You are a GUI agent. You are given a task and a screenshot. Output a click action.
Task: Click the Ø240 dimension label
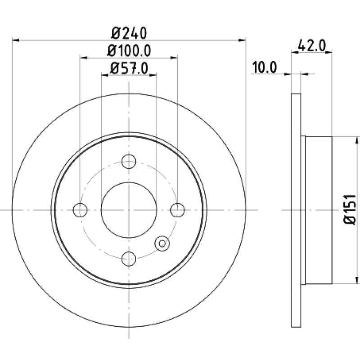(x=129, y=33)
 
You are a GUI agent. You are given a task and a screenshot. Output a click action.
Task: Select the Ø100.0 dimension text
(x=129, y=51)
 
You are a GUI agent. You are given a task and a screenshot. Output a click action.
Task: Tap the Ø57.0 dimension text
(x=129, y=68)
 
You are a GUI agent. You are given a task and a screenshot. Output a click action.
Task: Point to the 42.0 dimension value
(x=311, y=46)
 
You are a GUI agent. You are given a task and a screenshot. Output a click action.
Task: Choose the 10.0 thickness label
(x=265, y=67)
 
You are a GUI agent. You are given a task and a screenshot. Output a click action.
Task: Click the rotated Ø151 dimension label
(x=350, y=209)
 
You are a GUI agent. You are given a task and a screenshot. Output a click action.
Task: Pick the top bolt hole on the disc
(x=129, y=162)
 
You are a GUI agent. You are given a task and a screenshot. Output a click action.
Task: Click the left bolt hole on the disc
(x=80, y=210)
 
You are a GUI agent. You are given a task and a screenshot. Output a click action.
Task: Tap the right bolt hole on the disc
(x=177, y=210)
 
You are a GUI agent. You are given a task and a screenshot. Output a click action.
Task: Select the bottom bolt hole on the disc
(x=129, y=259)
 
